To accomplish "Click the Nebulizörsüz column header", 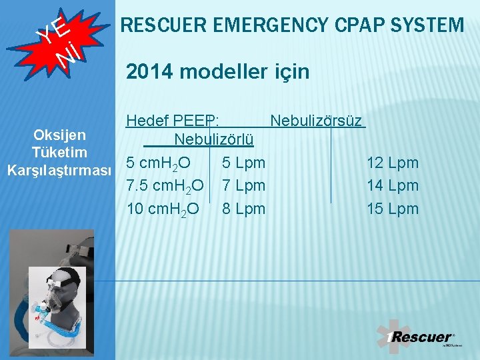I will point(316,121).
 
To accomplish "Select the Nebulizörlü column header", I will point(213,139).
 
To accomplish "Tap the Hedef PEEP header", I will point(175,121).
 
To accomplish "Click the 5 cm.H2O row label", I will point(159,163).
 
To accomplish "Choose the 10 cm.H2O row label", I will point(163,209).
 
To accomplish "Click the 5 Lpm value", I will point(243,163).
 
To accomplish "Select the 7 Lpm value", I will point(243,185).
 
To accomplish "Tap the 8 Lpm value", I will point(243,209).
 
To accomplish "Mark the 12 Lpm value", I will point(393,163).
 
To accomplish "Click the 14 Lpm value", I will point(393,185).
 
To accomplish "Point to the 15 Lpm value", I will point(393,209).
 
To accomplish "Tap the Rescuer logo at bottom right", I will point(420,337).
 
